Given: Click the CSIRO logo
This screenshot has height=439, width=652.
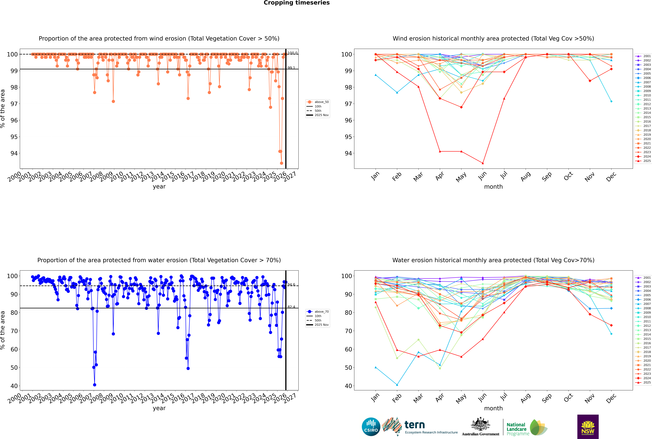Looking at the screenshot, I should pyautogui.click(x=371, y=427).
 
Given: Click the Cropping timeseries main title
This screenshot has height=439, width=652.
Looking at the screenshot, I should pyautogui.click(x=297, y=3).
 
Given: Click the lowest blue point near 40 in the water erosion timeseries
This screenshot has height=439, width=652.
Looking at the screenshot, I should pyautogui.click(x=94, y=385).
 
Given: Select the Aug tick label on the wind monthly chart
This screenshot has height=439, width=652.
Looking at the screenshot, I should pyautogui.click(x=525, y=176).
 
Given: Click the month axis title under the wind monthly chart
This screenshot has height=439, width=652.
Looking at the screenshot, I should pyautogui.click(x=493, y=187).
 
